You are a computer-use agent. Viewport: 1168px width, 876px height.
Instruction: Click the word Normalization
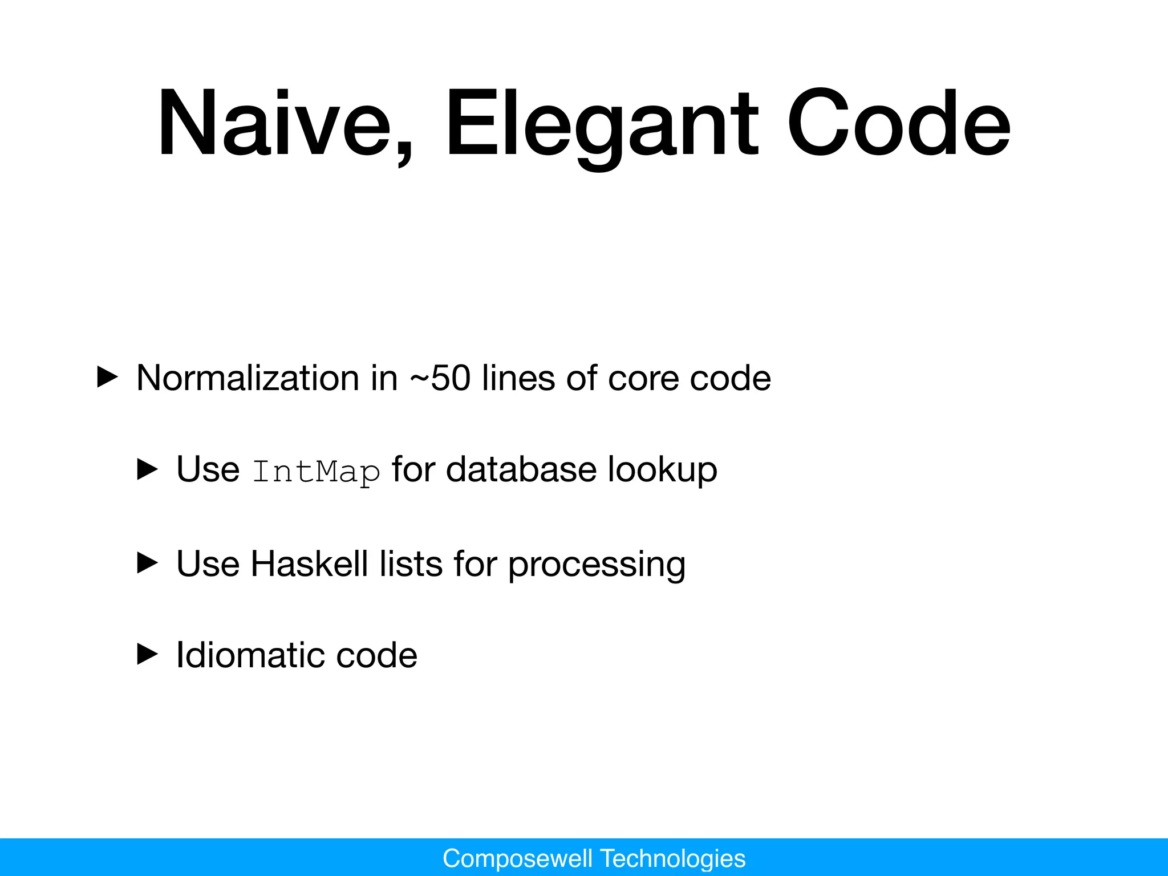(248, 378)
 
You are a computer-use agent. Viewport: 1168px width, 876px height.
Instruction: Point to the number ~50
(440, 378)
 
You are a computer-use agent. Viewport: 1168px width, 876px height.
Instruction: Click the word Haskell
(309, 563)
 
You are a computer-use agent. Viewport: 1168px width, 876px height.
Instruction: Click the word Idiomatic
(249, 655)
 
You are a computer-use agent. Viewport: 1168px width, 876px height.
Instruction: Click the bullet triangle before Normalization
(107, 378)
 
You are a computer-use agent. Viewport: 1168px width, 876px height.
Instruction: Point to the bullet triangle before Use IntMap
(148, 470)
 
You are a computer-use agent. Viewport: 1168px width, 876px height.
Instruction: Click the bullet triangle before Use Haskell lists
(148, 563)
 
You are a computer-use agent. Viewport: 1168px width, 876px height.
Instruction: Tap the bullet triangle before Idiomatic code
(148, 655)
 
